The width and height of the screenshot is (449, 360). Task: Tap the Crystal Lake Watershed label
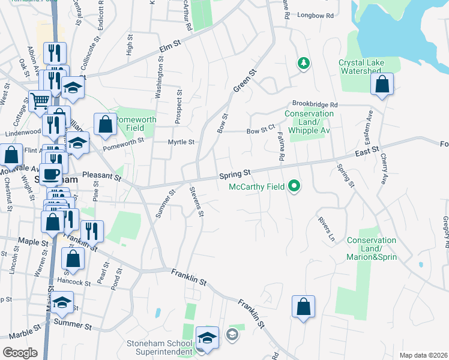click(360, 67)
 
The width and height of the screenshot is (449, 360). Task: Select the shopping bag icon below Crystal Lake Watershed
click(382, 86)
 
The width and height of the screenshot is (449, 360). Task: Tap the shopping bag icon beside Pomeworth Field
click(106, 125)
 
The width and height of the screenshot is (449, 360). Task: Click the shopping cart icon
click(40, 101)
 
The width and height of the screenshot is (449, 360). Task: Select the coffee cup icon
click(51, 174)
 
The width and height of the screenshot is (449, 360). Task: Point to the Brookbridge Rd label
click(315, 104)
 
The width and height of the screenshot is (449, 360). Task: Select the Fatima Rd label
click(281, 146)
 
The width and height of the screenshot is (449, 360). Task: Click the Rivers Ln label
click(326, 229)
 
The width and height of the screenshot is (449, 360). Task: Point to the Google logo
click(20, 353)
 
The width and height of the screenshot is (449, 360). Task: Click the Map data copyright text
click(423, 355)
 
